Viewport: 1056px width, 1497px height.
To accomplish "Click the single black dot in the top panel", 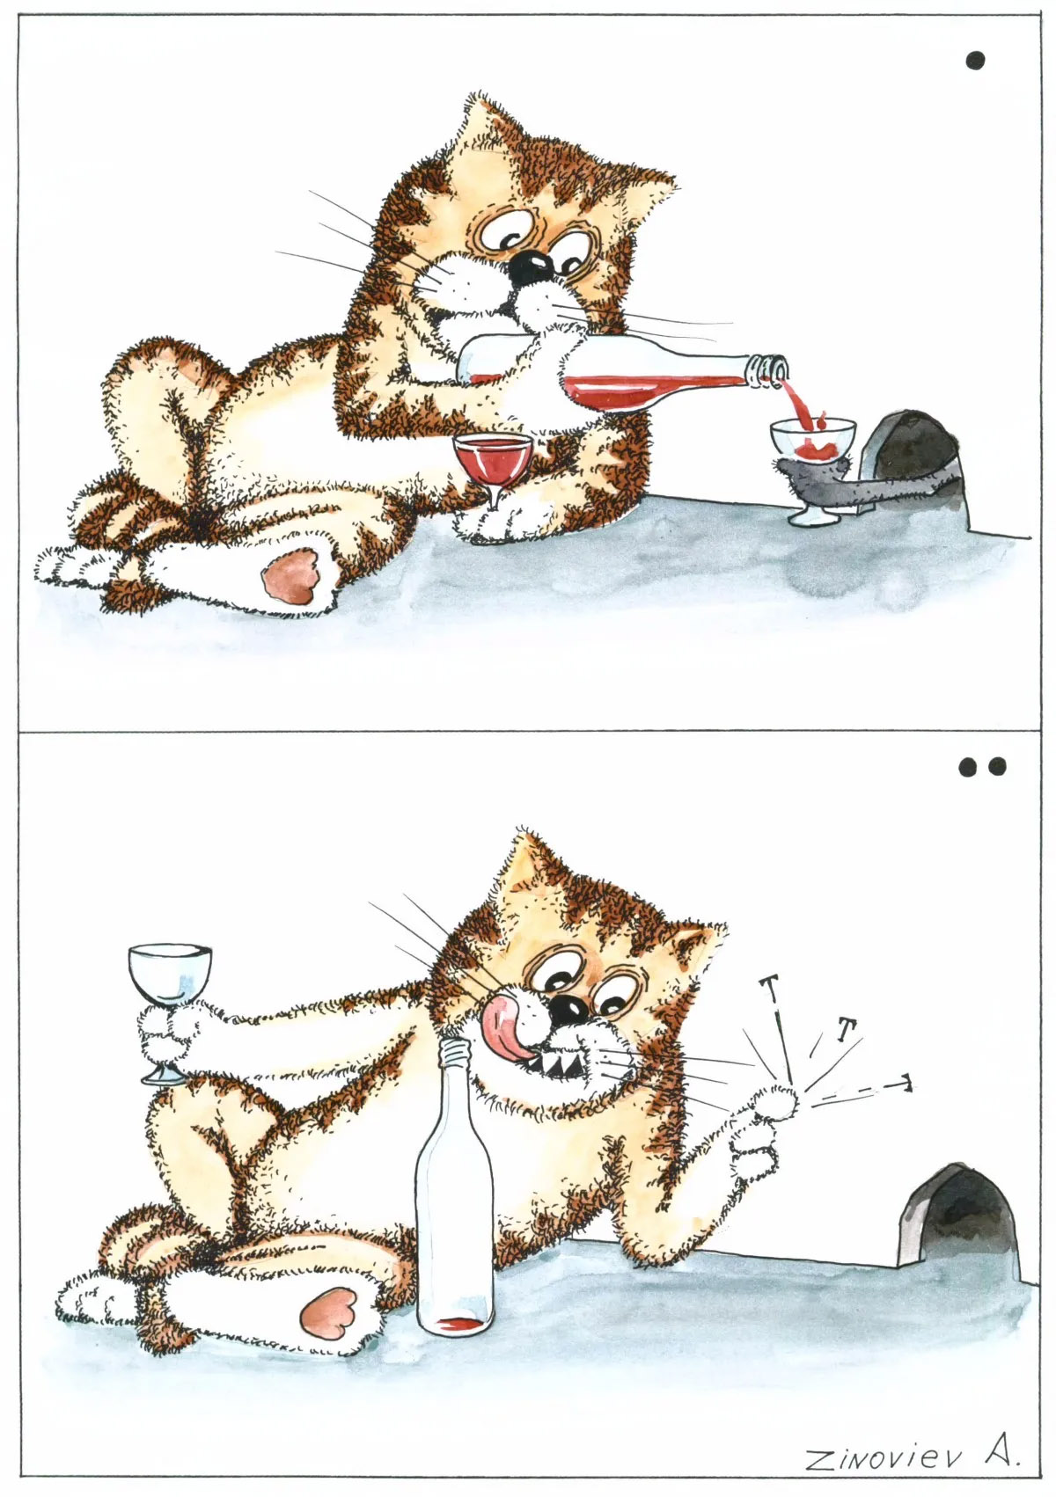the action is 975,61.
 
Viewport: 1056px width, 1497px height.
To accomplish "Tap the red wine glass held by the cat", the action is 491,472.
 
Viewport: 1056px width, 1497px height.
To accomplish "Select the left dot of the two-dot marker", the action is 968,767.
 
